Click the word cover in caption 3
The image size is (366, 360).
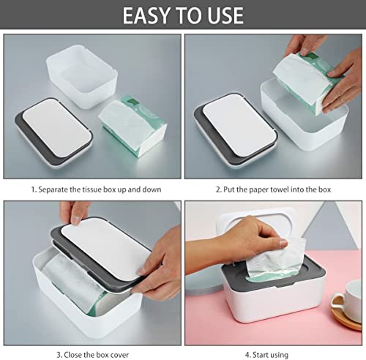[119, 355]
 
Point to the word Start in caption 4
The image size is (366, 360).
[261, 355]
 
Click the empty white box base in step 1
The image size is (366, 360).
[82, 75]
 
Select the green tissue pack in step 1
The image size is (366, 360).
[133, 126]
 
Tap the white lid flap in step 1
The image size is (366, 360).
[57, 127]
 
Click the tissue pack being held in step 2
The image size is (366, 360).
[306, 83]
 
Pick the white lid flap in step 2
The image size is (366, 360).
[239, 125]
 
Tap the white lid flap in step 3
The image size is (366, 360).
[105, 248]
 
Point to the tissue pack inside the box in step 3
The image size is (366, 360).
[73, 283]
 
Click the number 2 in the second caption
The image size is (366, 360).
[217, 190]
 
